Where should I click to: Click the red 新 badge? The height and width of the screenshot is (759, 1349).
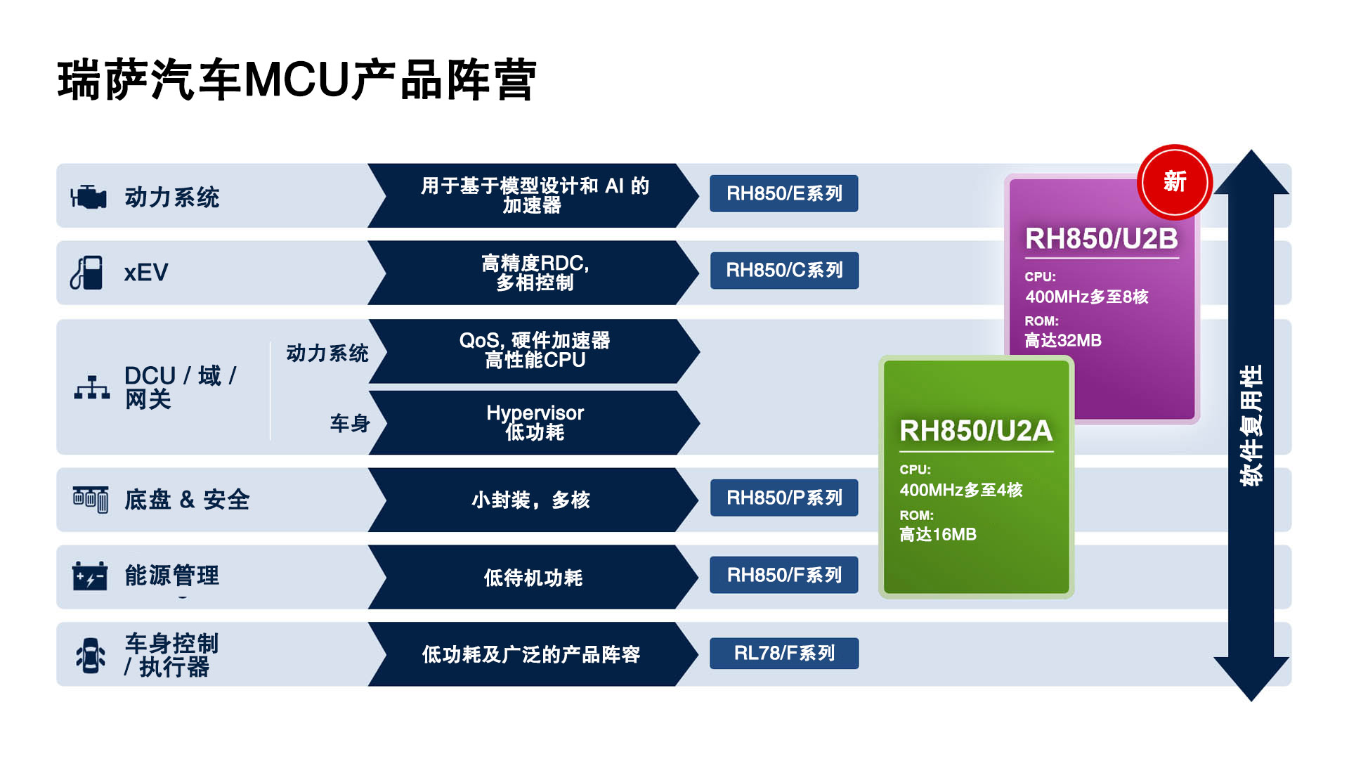1174,182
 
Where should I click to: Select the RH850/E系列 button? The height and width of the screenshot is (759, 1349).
783,193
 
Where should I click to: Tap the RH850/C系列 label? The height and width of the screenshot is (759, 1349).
784,271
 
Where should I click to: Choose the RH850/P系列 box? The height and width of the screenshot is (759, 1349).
784,498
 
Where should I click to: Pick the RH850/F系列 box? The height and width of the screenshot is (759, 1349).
784,576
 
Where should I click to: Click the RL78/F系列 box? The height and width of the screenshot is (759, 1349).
784,654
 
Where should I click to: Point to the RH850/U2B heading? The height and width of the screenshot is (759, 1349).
1101,239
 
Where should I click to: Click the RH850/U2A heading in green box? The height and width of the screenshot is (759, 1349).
976,431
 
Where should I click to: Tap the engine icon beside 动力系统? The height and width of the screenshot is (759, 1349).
89,197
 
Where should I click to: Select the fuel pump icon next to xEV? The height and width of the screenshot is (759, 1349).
87,273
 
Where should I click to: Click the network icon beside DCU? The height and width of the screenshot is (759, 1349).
92,387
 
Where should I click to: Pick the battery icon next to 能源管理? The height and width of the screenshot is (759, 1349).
90,576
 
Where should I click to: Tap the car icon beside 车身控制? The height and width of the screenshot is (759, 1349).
91,655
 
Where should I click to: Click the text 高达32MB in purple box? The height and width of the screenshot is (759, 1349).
1062,341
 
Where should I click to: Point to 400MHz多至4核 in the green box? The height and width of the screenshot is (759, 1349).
960,491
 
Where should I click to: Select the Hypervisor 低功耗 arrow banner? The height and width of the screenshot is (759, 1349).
534,422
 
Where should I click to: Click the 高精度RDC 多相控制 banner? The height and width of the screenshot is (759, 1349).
534,273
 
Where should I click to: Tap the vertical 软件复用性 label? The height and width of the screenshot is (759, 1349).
1251,425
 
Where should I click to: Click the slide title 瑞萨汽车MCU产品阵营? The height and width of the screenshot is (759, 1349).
296,80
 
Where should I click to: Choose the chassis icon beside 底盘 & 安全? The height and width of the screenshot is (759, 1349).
91,499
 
